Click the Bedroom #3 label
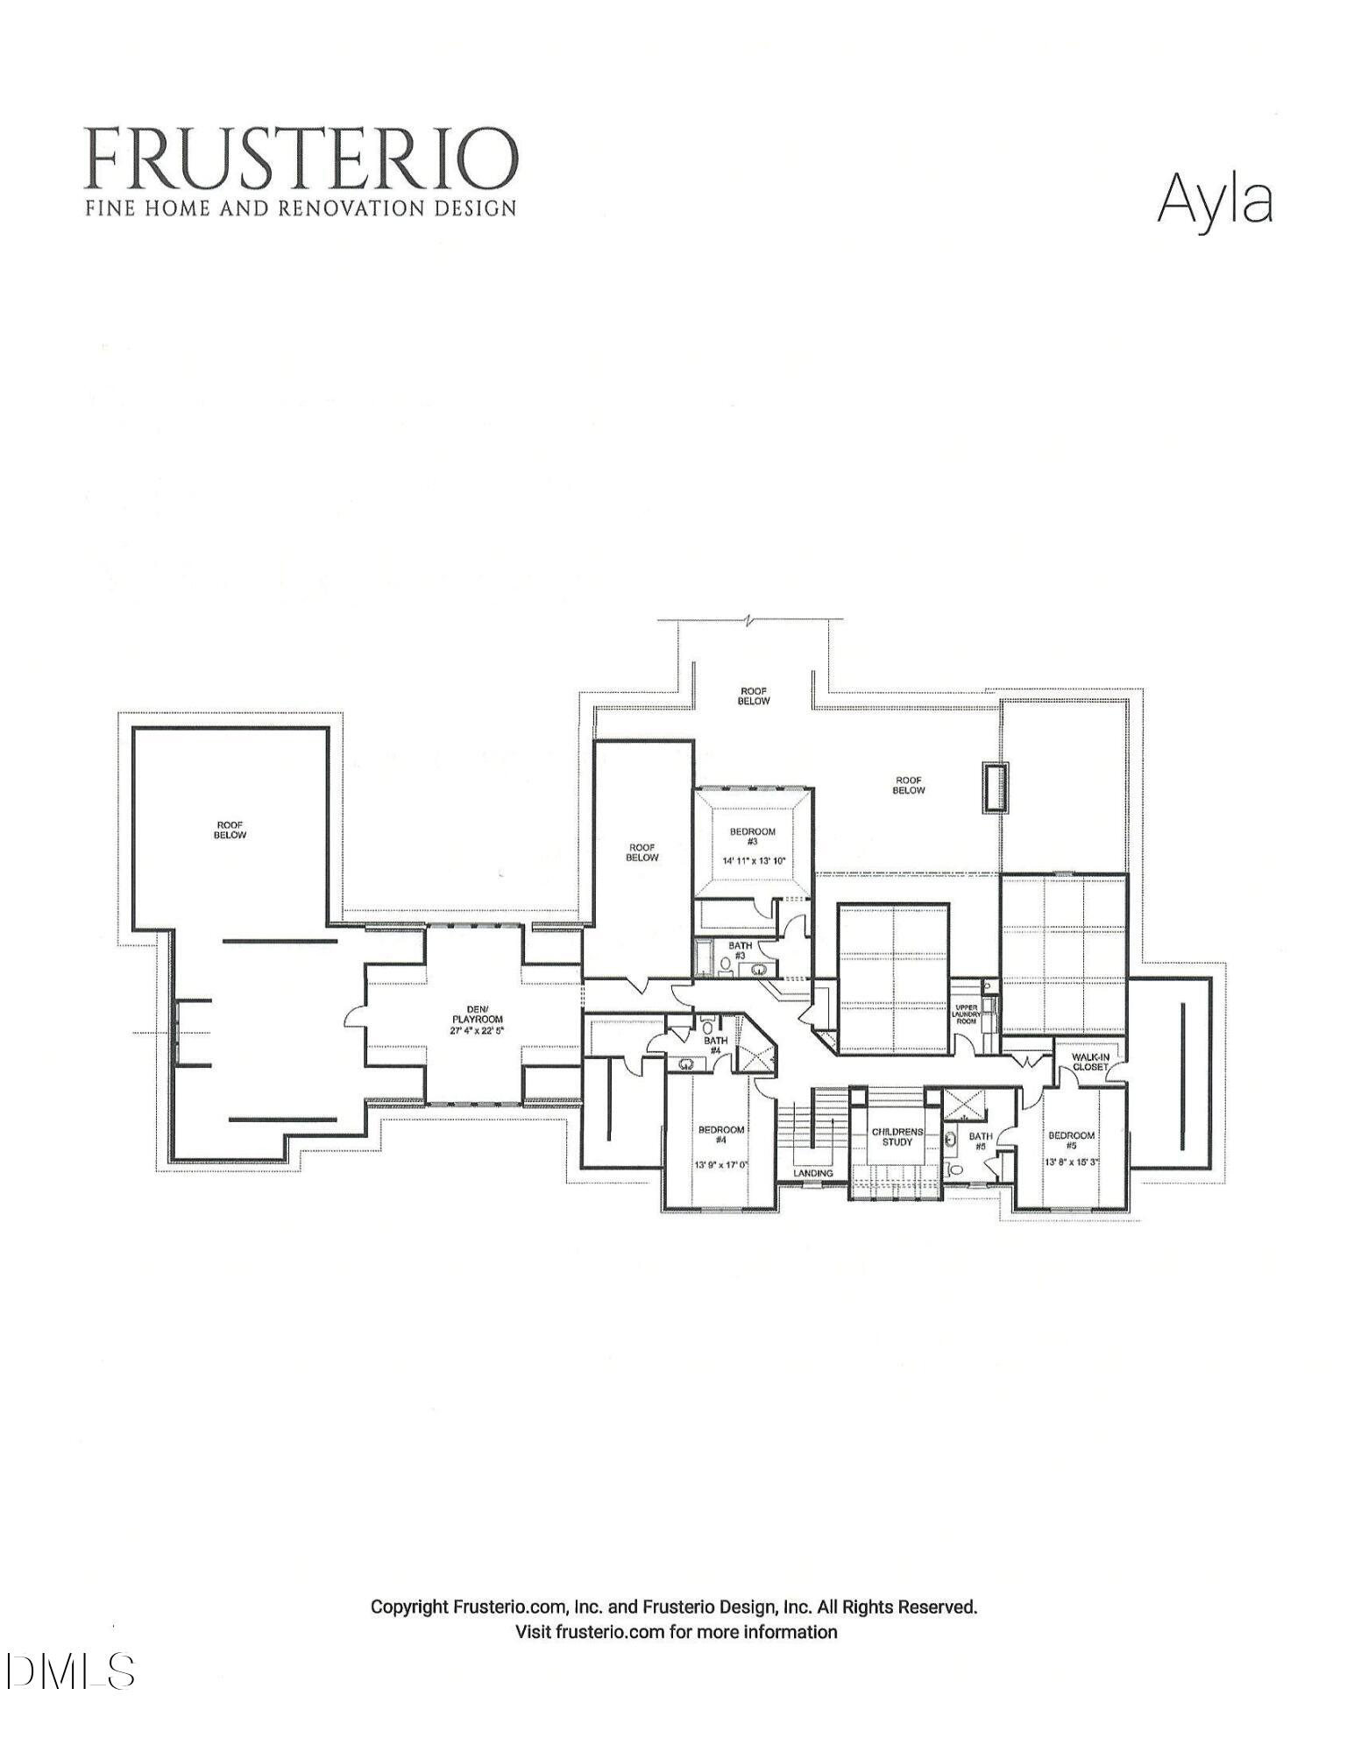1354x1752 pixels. [753, 836]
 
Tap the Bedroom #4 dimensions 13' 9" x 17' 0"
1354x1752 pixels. [721, 1165]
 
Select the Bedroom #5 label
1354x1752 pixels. [1071, 1140]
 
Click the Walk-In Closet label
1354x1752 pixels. [1089, 1062]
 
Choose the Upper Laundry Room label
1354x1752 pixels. [965, 1014]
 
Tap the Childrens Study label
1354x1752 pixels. [897, 1136]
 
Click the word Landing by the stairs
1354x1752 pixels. [812, 1172]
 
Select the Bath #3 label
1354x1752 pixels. [740, 950]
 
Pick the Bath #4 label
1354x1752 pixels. [714, 1045]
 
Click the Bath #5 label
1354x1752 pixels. [980, 1141]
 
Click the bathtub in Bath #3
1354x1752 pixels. [704, 957]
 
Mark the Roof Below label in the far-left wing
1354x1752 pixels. [230, 829]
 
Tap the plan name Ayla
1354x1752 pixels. [1214, 200]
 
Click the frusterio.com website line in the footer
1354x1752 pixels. [676, 1632]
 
